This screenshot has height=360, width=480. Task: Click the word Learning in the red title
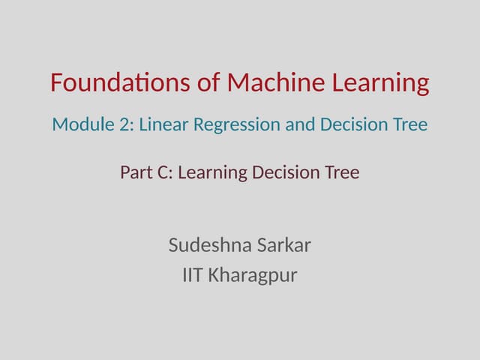pos(382,83)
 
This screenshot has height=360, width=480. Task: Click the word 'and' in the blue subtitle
pos(301,124)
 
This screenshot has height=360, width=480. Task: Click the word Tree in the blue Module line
pos(411,124)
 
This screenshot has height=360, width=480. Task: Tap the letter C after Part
pos(165,173)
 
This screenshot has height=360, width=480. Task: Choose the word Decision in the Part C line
pos(287,173)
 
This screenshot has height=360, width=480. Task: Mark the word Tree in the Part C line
pos(343,173)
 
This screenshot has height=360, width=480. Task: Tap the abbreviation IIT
pos(192,275)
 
